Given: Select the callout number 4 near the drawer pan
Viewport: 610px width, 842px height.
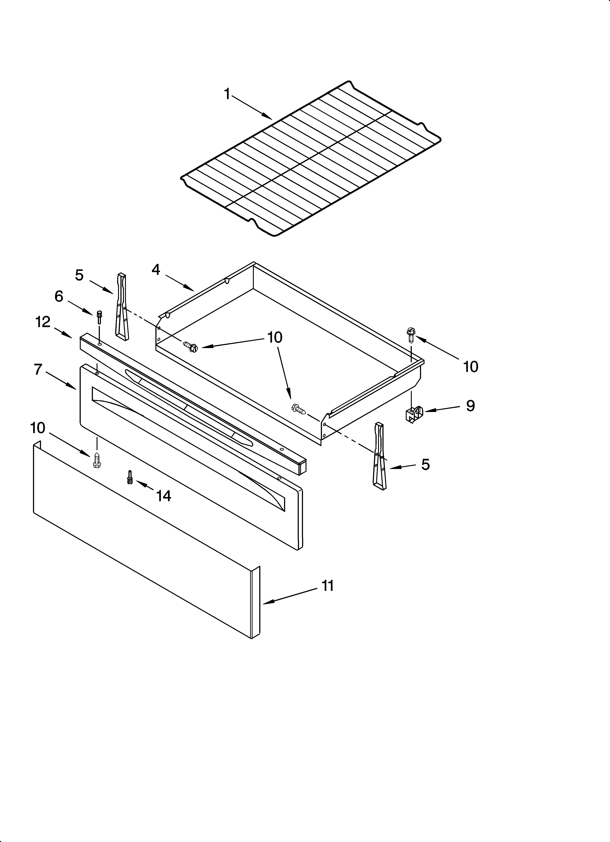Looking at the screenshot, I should [x=156, y=270].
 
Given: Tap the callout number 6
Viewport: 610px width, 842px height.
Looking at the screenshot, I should [x=59, y=297].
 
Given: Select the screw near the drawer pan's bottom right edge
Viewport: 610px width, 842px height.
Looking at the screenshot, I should [x=299, y=409].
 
